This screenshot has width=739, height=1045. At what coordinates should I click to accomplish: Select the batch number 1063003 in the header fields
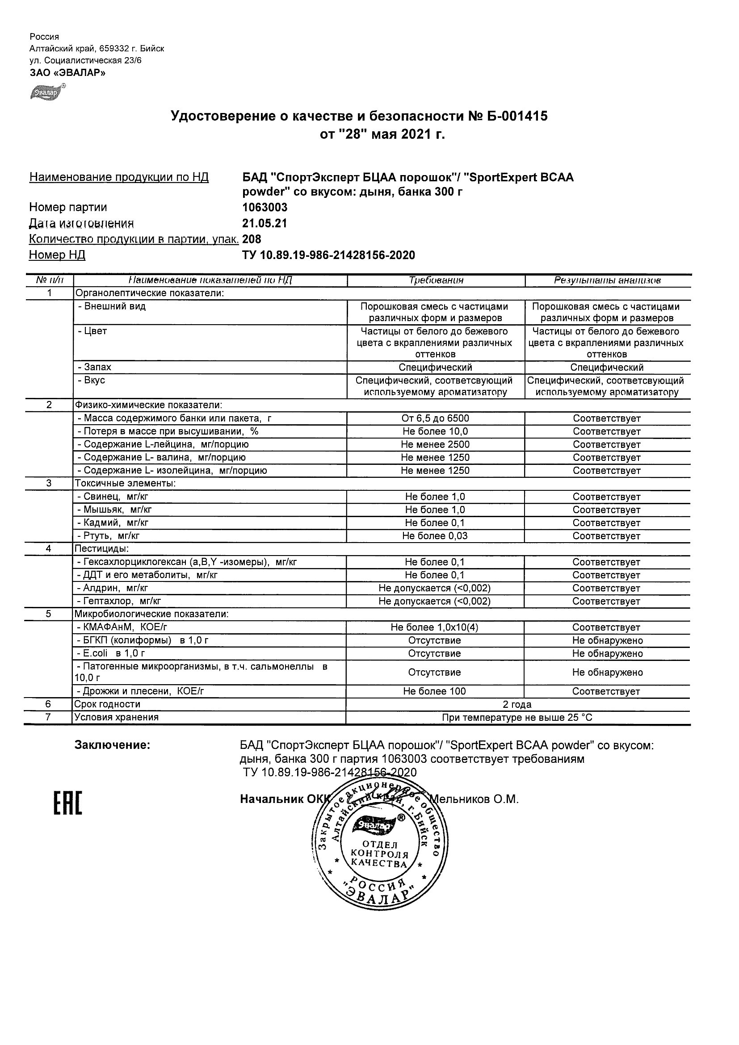(265, 208)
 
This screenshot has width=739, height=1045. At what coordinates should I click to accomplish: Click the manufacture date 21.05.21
(265, 223)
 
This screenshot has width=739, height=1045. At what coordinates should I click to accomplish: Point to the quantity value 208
(252, 239)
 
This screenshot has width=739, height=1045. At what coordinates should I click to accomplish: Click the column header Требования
(436, 280)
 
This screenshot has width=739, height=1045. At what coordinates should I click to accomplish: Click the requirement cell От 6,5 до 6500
(435, 418)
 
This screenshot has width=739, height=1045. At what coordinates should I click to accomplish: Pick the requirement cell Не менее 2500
(435, 445)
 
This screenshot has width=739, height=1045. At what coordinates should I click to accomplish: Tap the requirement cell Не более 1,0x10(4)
(434, 627)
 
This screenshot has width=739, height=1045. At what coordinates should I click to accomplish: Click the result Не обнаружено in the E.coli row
(607, 654)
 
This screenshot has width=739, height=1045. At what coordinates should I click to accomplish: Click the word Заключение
(112, 745)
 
